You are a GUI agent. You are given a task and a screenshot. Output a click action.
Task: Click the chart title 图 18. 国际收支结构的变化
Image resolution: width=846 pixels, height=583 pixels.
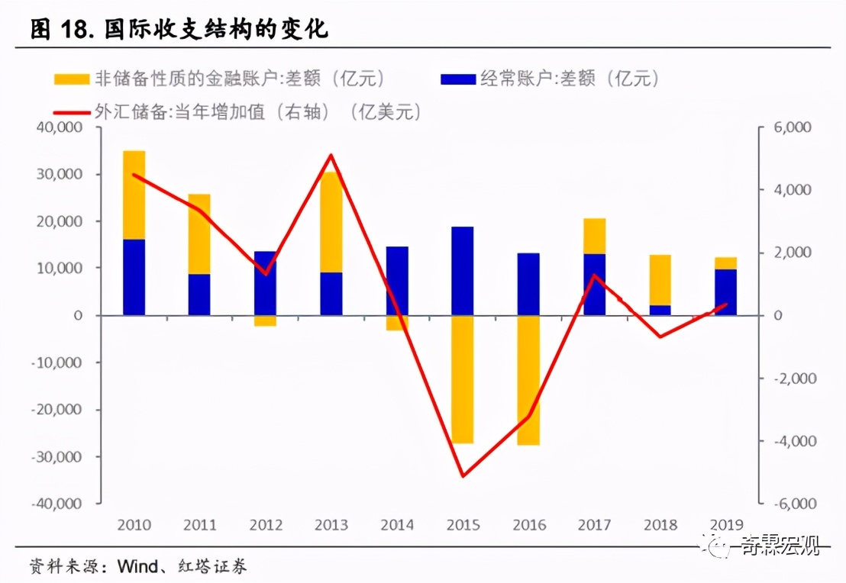coord(179,31)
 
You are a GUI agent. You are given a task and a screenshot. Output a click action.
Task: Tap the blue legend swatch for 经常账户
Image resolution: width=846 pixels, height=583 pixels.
coord(458,79)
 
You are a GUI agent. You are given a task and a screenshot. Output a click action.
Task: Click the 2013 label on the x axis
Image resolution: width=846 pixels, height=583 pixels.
coord(331,525)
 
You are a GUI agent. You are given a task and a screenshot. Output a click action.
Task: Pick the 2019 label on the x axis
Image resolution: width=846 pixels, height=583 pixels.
coord(726,525)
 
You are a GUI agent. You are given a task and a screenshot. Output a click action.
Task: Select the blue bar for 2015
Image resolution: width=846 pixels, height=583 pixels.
coord(463,271)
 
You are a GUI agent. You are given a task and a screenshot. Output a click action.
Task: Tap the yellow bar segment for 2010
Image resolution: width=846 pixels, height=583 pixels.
coord(134,195)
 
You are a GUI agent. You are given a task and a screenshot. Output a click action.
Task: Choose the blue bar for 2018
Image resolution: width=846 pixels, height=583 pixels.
coord(660,310)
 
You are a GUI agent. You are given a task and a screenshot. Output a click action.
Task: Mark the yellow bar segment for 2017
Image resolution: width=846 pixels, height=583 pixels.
coord(594,236)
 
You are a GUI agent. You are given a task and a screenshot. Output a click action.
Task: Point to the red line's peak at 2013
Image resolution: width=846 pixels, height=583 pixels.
coord(331,156)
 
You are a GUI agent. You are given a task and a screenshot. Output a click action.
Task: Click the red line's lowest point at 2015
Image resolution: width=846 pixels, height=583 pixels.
coord(463,476)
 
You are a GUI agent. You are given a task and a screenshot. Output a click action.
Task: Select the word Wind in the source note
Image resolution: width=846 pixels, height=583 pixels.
coord(134,566)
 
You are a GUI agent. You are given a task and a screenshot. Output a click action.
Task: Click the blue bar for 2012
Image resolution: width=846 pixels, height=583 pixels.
coord(266,283)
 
